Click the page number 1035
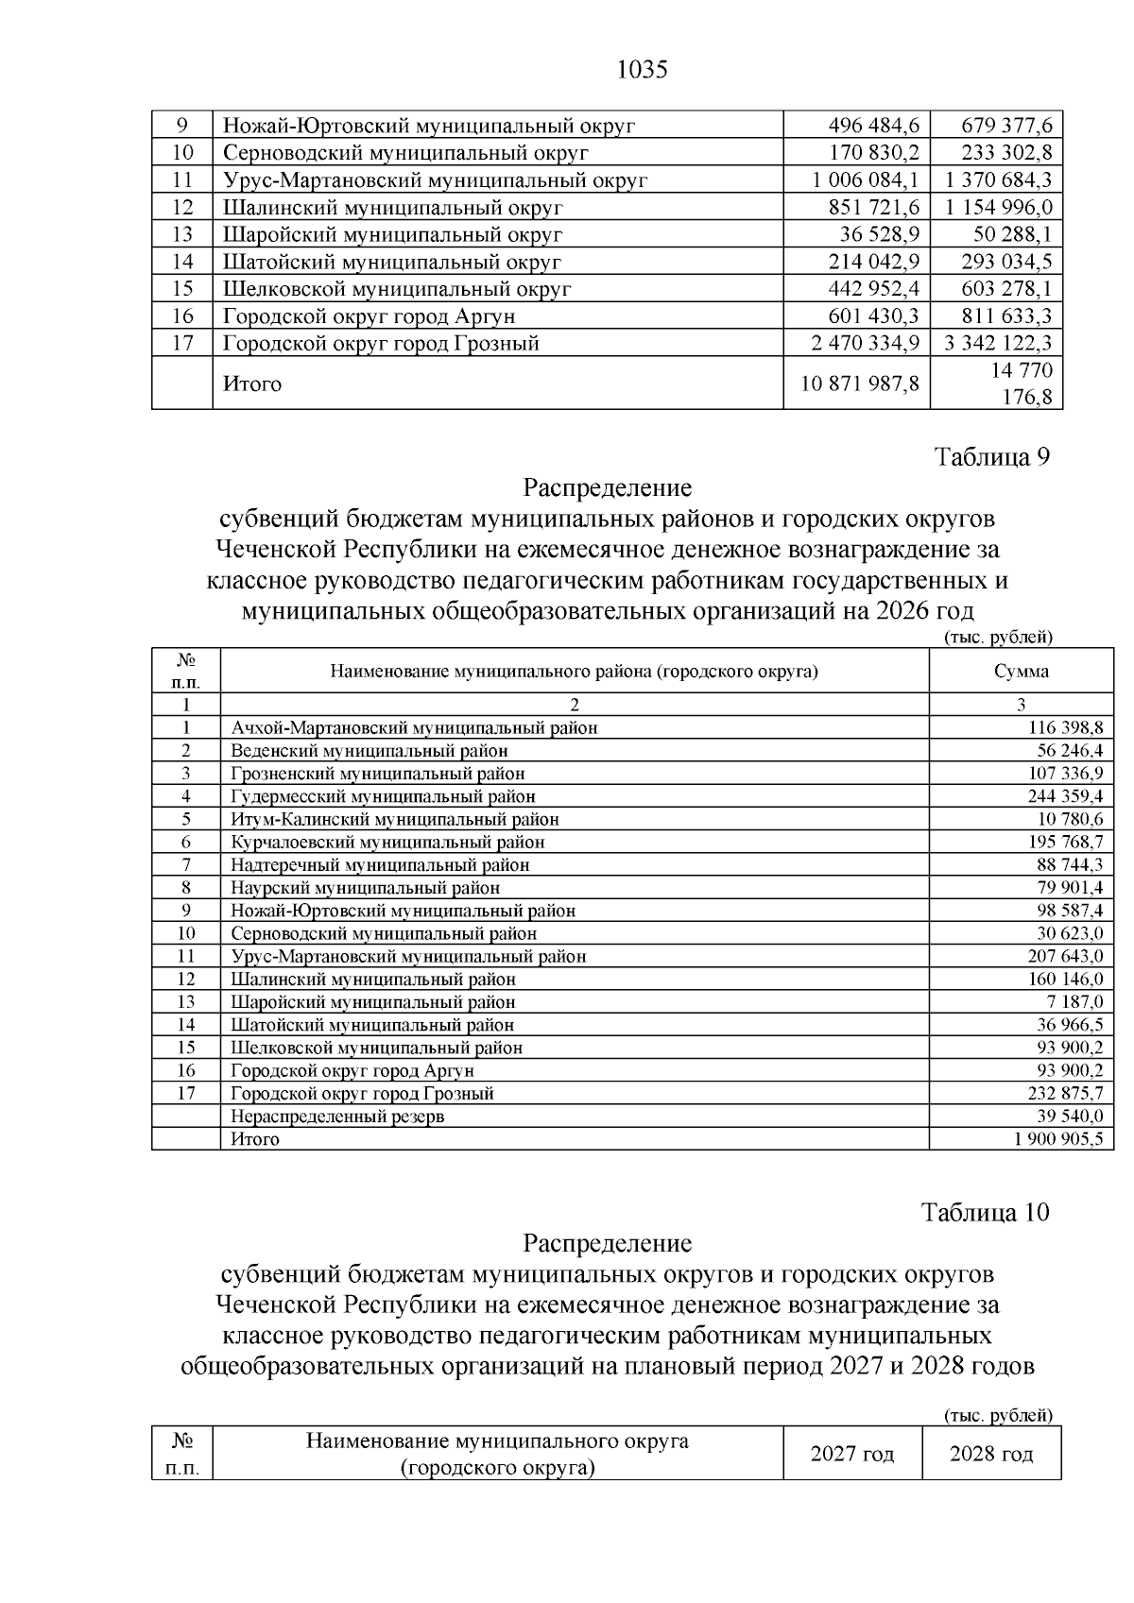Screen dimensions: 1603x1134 click(x=642, y=70)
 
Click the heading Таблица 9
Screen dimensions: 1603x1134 click(x=991, y=457)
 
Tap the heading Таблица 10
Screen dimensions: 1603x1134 click(x=985, y=1212)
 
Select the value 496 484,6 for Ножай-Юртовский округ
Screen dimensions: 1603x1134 click(x=873, y=126)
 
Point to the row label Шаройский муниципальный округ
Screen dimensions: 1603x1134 click(x=392, y=234)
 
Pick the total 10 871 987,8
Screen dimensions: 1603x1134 click(x=860, y=384)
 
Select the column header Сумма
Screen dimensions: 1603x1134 click(x=1021, y=672)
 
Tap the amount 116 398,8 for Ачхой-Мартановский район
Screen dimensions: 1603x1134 click(x=1065, y=727)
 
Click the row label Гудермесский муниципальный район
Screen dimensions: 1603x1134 click(x=383, y=796)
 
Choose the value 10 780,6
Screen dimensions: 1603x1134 click(x=1071, y=819)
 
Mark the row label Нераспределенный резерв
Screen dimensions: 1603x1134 click(x=337, y=1117)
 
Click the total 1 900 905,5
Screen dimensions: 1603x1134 click(x=1057, y=1139)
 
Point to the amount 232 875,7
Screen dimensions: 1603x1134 click(x=1065, y=1094)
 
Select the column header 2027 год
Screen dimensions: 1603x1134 click(x=851, y=1455)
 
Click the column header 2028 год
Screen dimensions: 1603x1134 click(x=990, y=1455)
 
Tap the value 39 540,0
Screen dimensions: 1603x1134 click(x=1071, y=1117)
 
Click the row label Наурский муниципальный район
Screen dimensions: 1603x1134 click(x=365, y=888)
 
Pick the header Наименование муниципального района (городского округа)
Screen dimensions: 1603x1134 click(x=574, y=672)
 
